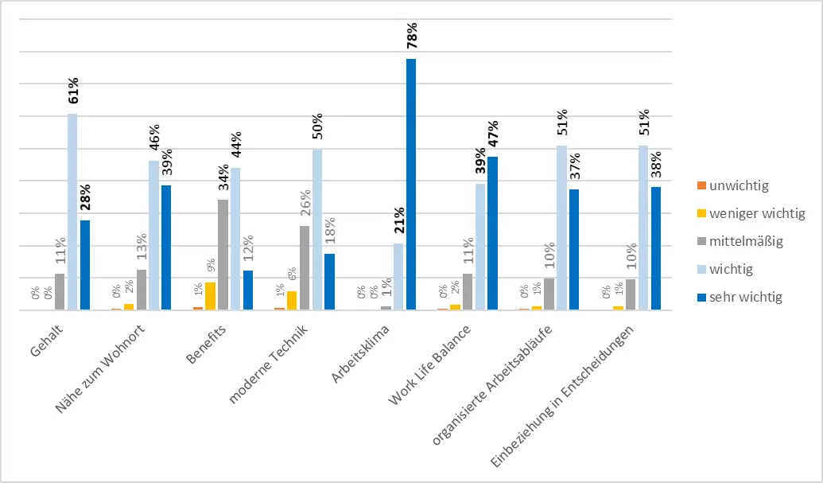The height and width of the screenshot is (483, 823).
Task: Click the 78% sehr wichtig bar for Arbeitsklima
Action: click(411, 184)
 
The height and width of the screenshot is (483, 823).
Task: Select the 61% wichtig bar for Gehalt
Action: click(72, 212)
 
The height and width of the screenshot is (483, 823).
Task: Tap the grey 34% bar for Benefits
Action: click(223, 255)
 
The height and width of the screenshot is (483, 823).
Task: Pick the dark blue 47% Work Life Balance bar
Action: click(493, 233)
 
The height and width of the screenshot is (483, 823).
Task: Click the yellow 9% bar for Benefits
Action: click(210, 296)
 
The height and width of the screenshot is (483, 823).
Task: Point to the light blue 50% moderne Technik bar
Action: click(317, 229)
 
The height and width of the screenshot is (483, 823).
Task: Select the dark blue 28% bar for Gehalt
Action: click(85, 265)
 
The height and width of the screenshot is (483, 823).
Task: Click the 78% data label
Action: click(411, 39)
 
